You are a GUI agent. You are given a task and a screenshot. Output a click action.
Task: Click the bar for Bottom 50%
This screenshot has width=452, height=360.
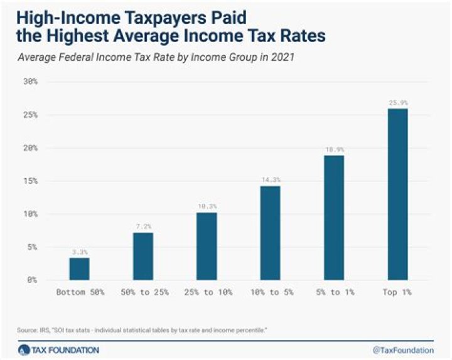click(x=79, y=268)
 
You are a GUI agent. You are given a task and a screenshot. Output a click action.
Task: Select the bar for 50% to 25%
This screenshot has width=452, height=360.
click(x=143, y=256)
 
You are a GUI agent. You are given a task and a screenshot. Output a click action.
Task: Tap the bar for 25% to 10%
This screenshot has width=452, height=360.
click(x=207, y=246)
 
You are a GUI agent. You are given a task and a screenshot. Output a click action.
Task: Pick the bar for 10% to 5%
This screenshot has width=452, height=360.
click(x=270, y=233)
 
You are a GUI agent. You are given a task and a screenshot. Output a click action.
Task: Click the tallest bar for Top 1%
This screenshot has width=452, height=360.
click(x=397, y=194)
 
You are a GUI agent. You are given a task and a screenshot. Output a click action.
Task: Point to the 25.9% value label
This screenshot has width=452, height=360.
click(x=397, y=102)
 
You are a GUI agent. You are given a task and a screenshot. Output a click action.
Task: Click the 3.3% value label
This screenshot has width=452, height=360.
click(x=79, y=251)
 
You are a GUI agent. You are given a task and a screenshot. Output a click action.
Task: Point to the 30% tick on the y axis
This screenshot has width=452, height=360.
click(x=31, y=82)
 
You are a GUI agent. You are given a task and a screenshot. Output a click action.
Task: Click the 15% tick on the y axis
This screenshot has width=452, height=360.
click(x=31, y=181)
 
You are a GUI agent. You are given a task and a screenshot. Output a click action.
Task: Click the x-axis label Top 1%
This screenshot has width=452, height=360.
click(x=397, y=292)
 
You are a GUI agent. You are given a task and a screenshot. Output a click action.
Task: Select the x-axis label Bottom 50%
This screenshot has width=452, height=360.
click(x=79, y=292)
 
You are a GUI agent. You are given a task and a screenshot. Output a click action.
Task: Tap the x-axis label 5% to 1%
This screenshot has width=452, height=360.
click(x=333, y=292)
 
